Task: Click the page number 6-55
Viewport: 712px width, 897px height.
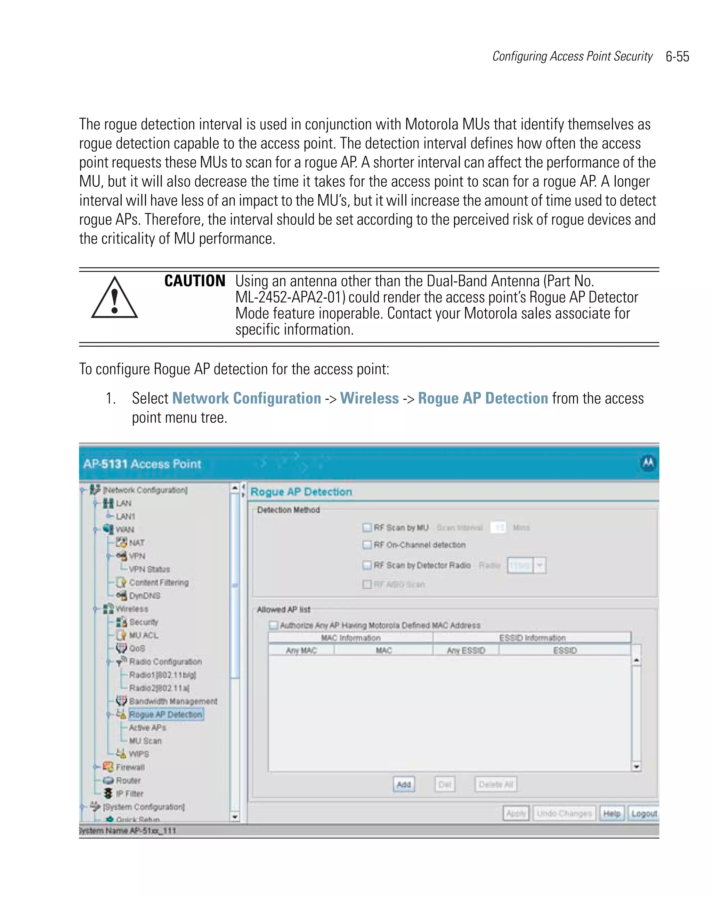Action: click(x=677, y=57)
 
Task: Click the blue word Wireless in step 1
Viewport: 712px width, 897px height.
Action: click(x=369, y=398)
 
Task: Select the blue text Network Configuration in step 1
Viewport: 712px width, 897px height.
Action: click(x=246, y=398)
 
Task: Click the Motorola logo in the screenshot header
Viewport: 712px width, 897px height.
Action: click(x=648, y=463)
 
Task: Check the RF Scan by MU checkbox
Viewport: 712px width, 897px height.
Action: click(x=367, y=528)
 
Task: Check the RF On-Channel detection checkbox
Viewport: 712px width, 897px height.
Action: click(x=367, y=545)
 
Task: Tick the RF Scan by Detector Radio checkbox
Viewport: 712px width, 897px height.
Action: click(x=367, y=565)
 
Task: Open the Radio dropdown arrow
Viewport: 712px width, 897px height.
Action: click(x=540, y=566)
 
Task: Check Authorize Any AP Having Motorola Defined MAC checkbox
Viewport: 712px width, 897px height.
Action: click(x=273, y=625)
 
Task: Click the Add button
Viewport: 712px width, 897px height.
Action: click(x=403, y=784)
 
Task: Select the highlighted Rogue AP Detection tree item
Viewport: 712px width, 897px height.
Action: click(x=165, y=714)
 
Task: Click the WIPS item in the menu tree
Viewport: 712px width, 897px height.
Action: click(x=138, y=754)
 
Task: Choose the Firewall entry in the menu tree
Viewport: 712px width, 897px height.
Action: click(x=130, y=767)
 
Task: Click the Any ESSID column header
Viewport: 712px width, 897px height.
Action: click(x=466, y=650)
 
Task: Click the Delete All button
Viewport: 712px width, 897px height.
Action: click(x=495, y=784)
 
